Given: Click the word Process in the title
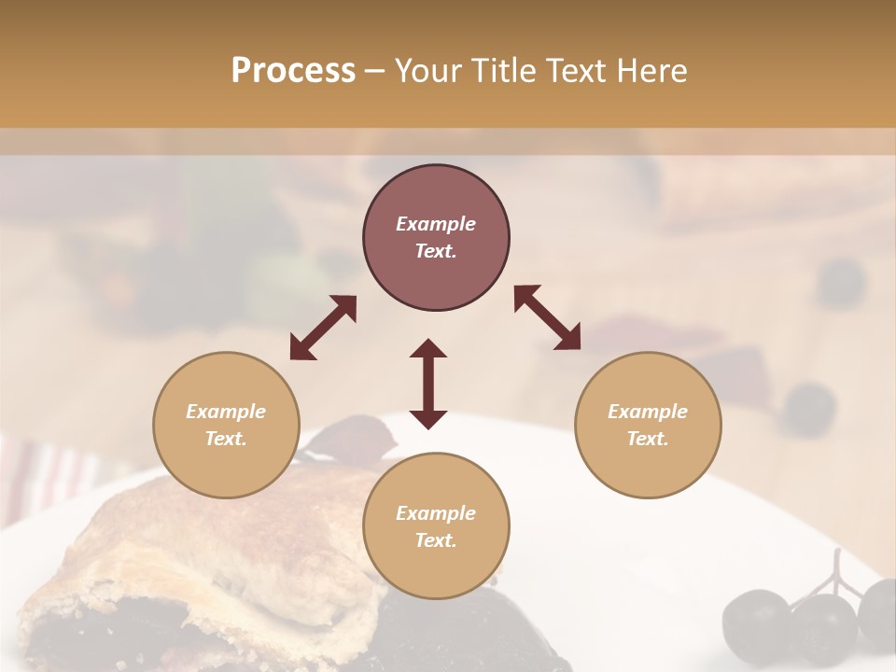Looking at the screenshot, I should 293,71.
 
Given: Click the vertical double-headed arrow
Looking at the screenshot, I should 428,384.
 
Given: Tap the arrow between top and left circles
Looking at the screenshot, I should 323,328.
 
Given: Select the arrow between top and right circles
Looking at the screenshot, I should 547,317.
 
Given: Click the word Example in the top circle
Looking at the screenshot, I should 436,224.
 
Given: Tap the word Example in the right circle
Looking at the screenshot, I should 648,412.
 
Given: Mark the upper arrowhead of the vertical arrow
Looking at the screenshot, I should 428,348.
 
